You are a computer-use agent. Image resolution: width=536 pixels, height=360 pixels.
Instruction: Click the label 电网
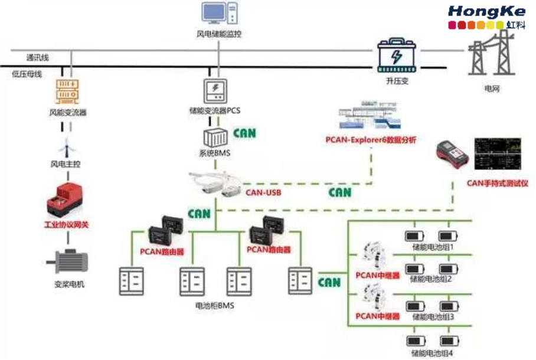(492, 89)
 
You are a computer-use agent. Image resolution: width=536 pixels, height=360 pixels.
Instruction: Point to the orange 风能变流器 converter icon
(68, 91)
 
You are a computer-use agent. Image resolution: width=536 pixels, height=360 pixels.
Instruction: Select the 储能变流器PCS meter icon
(215, 91)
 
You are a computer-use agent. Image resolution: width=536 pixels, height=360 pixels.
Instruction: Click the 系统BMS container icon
(216, 138)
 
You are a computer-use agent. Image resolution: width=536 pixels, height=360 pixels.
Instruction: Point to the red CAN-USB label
(263, 192)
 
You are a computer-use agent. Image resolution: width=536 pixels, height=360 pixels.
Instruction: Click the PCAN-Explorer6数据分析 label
(371, 139)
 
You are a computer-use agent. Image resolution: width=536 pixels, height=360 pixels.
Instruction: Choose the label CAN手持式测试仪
(497, 183)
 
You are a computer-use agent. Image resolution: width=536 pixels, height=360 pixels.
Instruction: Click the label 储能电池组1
(432, 247)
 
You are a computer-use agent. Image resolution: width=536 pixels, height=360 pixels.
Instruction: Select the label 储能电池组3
(432, 317)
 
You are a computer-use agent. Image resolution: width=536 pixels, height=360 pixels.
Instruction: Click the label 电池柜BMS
(214, 306)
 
